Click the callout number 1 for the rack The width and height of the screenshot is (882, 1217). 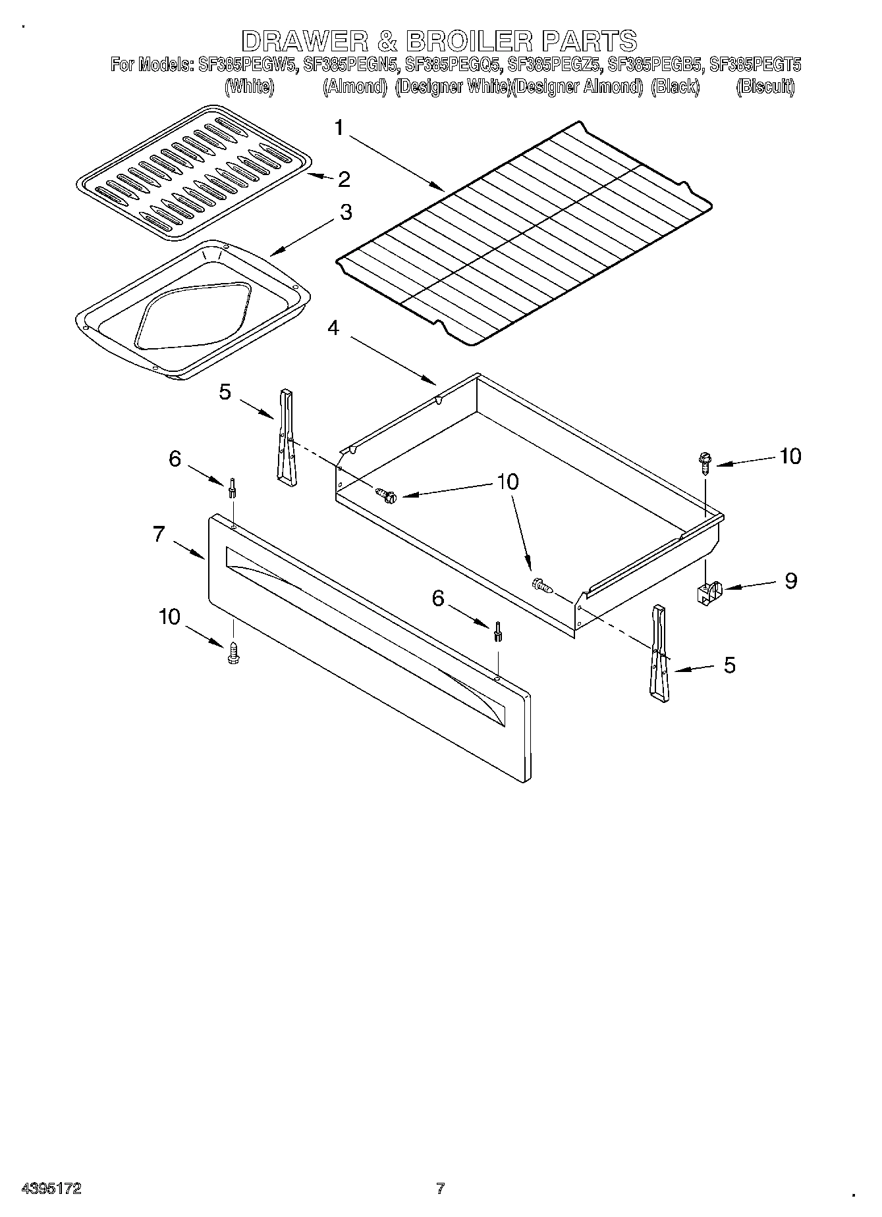(339, 127)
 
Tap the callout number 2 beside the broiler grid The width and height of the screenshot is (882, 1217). (343, 179)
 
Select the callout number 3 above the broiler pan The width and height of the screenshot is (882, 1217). (345, 213)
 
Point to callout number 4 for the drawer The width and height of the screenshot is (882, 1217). (333, 327)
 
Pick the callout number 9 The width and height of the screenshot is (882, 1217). (790, 581)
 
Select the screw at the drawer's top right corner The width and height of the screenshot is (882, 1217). (705, 463)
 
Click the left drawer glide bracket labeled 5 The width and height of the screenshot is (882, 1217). (287, 438)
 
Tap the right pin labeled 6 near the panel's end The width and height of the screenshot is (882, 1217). (497, 631)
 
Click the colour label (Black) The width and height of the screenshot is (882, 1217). (674, 86)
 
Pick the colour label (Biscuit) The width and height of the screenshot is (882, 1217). (765, 86)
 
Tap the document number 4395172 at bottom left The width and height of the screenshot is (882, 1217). (51, 1189)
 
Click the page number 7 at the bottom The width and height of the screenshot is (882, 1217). (440, 1189)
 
